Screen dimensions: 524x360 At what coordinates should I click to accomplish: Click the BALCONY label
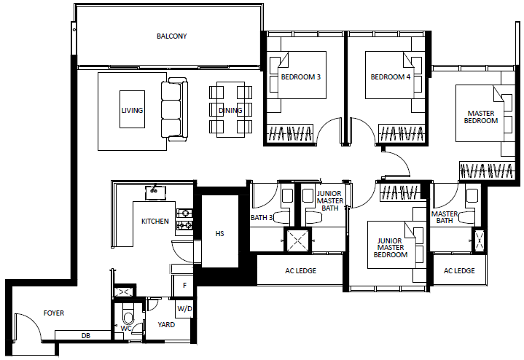[172, 36]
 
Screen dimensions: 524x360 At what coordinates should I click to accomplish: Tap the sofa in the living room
[174, 109]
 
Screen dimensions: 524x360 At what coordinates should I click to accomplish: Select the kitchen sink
[156, 193]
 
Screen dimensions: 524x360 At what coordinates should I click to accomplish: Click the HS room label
[219, 234]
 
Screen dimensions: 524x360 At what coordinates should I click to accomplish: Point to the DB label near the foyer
[86, 336]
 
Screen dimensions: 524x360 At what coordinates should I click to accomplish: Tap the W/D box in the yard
[184, 308]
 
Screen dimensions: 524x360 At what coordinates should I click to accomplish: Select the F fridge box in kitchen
[184, 286]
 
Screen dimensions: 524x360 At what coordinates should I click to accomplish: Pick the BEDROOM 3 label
[301, 77]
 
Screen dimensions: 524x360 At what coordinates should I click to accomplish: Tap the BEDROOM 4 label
[391, 77]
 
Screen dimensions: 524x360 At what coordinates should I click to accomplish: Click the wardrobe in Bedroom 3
[290, 133]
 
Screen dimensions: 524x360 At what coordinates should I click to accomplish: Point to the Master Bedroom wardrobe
[486, 171]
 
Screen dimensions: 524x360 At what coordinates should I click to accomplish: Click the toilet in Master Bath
[466, 217]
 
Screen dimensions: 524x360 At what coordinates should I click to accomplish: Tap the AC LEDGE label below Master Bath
[459, 271]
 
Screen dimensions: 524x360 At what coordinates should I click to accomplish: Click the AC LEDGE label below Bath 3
[301, 271]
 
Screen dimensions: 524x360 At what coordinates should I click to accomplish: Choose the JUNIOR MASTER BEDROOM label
[391, 248]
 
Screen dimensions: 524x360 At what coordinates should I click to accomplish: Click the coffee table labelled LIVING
[133, 109]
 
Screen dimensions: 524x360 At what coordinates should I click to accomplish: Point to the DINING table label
[230, 110]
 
